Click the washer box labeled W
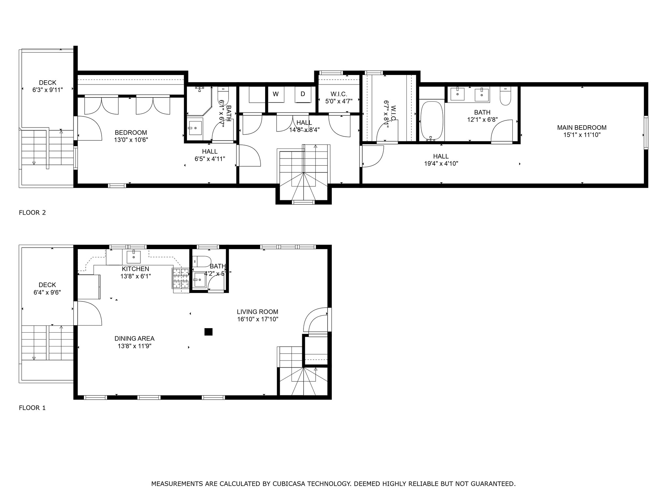pyautogui.click(x=276, y=94)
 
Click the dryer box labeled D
pyautogui.click(x=303, y=94)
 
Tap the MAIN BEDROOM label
pyautogui.click(x=582, y=128)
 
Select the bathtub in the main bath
pyautogui.click(x=432, y=120)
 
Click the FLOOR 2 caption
pyautogui.click(x=32, y=213)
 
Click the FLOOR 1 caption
pyautogui.click(x=32, y=408)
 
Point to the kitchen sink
pyautogui.click(x=134, y=257)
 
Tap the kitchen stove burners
pyautogui.click(x=181, y=278)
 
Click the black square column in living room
pyautogui.click(x=208, y=332)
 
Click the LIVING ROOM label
pyautogui.click(x=257, y=312)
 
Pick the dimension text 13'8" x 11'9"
pyautogui.click(x=135, y=346)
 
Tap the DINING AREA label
pyautogui.click(x=135, y=339)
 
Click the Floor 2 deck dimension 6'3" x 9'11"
pyautogui.click(x=48, y=90)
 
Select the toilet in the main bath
pyautogui.click(x=505, y=97)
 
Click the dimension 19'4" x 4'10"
pyautogui.click(x=441, y=164)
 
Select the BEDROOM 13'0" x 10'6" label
pyautogui.click(x=131, y=136)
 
